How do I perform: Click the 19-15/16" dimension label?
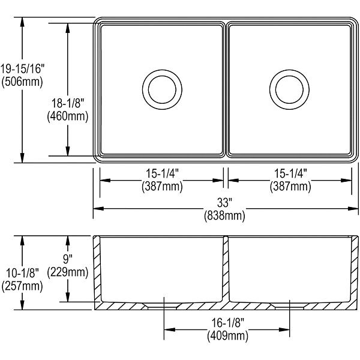pos(22,69)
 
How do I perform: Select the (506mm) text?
pos(22,82)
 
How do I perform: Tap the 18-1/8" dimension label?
pos(68,103)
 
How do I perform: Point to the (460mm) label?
pos(68,116)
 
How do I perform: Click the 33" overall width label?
pos(225,203)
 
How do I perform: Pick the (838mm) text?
pos(225,215)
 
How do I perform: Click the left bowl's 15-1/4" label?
pos(163,173)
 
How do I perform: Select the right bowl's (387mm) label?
pos(290,186)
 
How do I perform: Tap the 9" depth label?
pos(68,260)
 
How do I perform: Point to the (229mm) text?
pos(68,272)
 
